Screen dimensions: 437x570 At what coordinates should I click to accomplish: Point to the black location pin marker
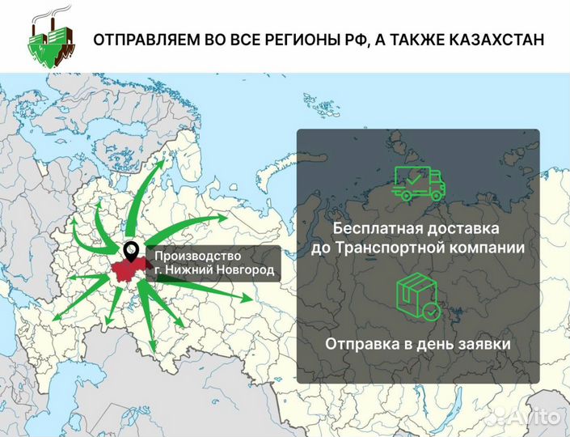(x=130, y=252)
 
